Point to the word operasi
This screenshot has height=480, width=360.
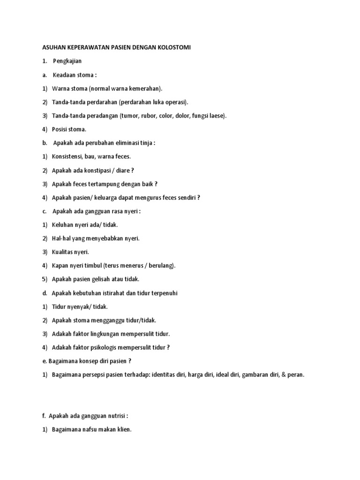pyautogui.click(x=175, y=102)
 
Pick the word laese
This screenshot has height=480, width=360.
pyautogui.click(x=216, y=115)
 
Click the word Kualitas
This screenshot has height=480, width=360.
pyautogui.click(x=64, y=252)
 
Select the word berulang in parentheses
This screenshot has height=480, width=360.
pyautogui.click(x=162, y=265)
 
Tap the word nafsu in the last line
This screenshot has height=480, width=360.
pyautogui.click(x=93, y=429)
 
